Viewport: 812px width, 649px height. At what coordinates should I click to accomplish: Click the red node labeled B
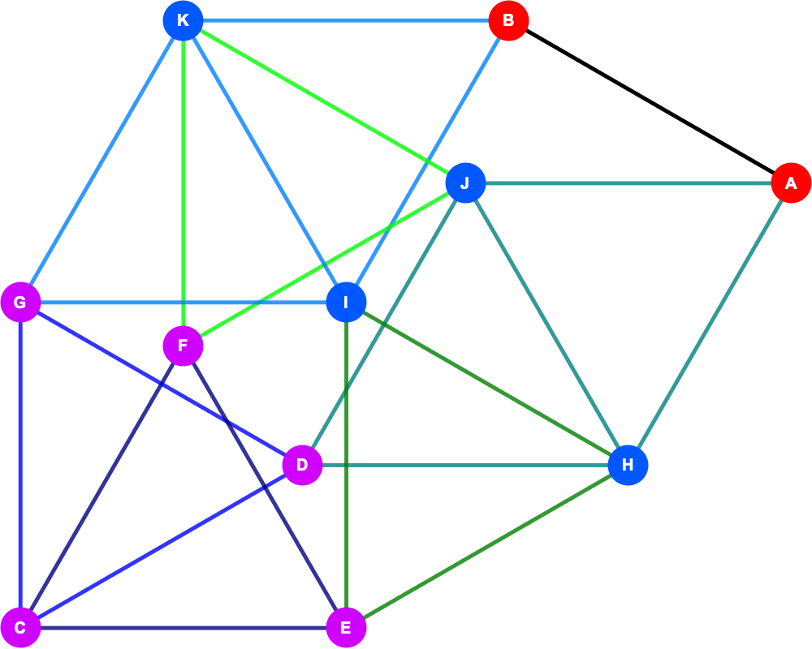click(508, 21)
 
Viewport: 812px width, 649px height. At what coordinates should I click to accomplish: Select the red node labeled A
click(791, 183)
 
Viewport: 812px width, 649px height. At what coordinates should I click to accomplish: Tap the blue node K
click(183, 21)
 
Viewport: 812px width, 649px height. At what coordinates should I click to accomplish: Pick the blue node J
click(465, 183)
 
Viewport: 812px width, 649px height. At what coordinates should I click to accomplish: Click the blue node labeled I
click(346, 303)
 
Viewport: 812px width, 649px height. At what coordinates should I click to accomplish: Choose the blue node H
click(628, 466)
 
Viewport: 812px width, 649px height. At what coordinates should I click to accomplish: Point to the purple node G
click(20, 303)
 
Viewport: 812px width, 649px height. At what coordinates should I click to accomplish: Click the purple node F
click(183, 346)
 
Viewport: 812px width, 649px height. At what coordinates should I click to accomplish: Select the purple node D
click(302, 466)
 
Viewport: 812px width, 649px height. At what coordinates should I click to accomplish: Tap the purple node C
click(20, 628)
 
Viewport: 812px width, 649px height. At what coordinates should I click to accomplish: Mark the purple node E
click(346, 628)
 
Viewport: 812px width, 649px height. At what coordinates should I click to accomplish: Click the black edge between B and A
click(650, 102)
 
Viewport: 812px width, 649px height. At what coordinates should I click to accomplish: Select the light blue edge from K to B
click(346, 21)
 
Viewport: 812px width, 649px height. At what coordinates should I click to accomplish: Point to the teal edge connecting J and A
click(628, 183)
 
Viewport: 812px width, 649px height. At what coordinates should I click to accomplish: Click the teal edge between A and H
click(710, 324)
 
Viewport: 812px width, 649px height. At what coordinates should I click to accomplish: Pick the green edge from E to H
click(486, 547)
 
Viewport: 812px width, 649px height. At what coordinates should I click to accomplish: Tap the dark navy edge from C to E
click(183, 628)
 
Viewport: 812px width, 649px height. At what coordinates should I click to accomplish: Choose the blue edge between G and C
click(20, 466)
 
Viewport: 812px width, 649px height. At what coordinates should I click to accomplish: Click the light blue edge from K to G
click(101, 161)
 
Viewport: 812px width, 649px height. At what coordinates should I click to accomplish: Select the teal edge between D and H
click(465, 466)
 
